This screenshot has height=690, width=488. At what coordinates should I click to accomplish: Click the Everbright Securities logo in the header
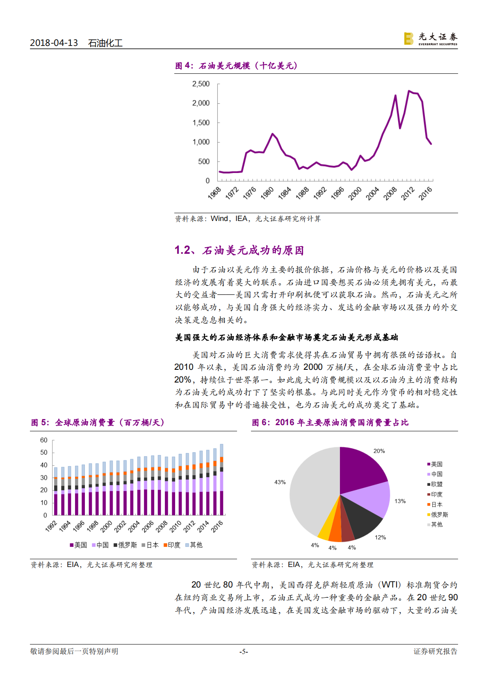click(430, 39)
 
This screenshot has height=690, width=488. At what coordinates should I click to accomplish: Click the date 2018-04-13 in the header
click(54, 43)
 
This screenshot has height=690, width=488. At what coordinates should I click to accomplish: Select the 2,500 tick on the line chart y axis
click(201, 84)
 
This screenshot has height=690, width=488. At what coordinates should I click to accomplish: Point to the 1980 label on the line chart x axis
click(267, 192)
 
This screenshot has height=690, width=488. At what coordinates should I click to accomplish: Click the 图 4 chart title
click(236, 66)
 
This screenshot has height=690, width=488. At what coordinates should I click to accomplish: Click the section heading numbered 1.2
click(239, 250)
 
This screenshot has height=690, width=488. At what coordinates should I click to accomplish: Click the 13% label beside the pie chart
click(400, 501)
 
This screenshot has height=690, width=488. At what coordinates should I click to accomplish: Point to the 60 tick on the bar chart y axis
click(43, 440)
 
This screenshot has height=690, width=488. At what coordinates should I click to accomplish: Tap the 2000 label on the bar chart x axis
click(106, 526)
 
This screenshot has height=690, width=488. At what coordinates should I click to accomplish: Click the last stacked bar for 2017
click(222, 479)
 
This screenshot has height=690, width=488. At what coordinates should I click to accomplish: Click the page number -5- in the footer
click(244, 651)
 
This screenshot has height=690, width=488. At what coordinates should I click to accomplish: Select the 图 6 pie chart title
click(330, 422)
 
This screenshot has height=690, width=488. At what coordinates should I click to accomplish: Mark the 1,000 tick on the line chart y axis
click(201, 142)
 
